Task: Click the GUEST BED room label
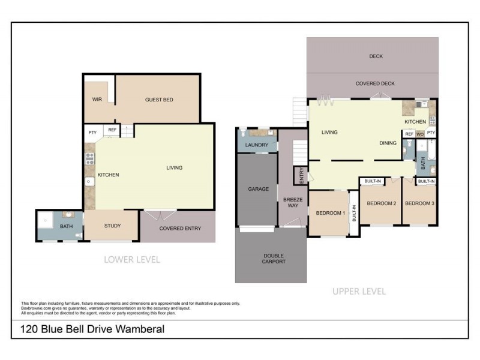tap(159, 100)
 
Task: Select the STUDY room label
tap(112, 226)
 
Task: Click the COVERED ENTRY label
tap(179, 229)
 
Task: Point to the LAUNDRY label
tap(257, 145)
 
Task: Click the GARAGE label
tap(258, 189)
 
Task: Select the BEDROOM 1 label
tap(329, 213)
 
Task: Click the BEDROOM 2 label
tap(382, 203)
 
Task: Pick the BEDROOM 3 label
tap(419, 203)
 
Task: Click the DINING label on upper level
tap(388, 143)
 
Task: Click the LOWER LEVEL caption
tap(131, 260)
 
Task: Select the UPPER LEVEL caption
tap(359, 292)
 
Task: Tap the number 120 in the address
tap(29, 329)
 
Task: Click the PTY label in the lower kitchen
tap(92, 133)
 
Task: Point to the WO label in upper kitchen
tap(420, 134)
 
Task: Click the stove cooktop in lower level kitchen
tap(90, 158)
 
